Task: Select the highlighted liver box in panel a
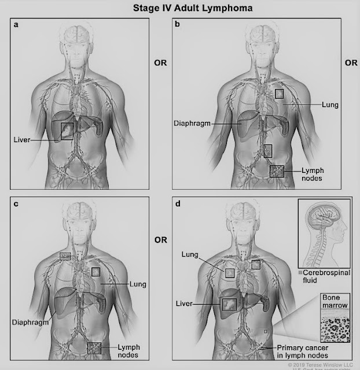click(x=68, y=132)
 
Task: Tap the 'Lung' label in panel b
click(x=331, y=105)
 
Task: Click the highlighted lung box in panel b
click(x=280, y=93)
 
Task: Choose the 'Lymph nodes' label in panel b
click(x=313, y=174)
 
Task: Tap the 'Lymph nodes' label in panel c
click(x=130, y=350)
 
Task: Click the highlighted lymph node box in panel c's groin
click(x=94, y=348)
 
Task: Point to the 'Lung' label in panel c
click(x=138, y=284)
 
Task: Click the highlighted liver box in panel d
click(x=229, y=304)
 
